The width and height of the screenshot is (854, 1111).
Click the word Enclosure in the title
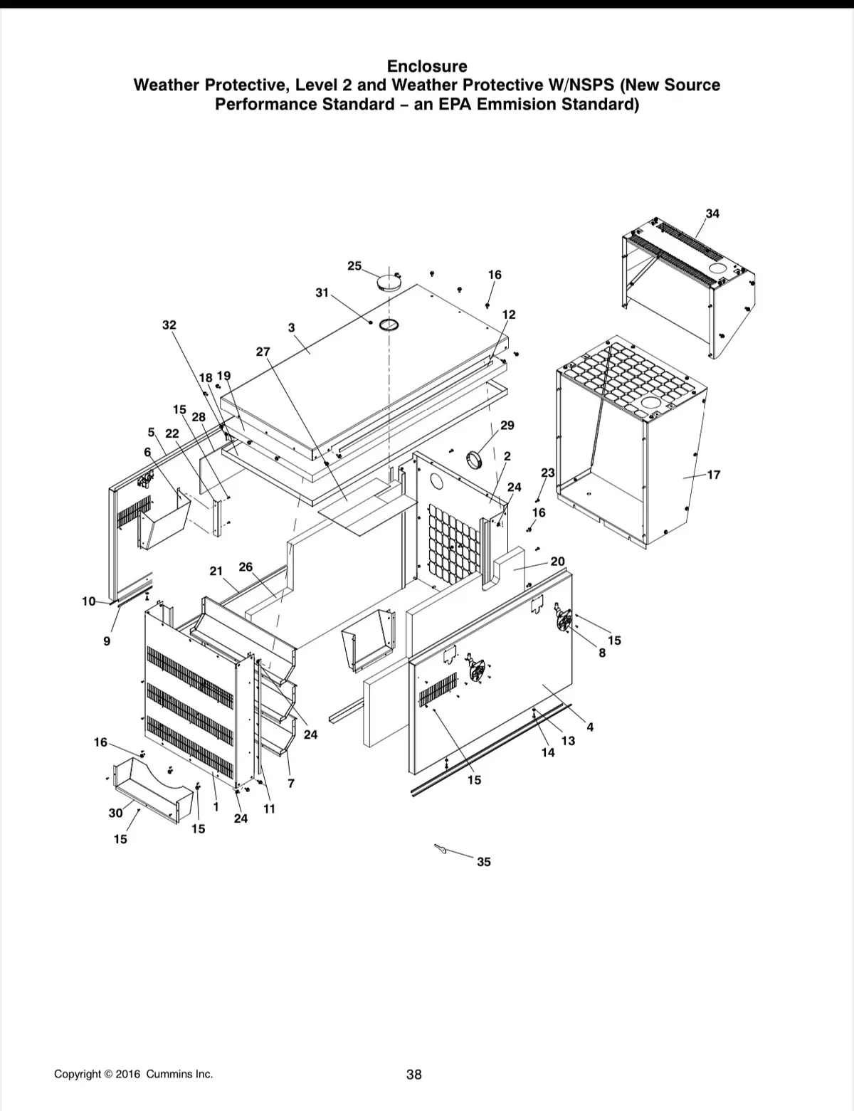tap(427, 66)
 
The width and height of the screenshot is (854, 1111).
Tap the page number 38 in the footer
tap(414, 1074)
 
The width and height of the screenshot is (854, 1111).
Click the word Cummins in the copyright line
tap(167, 1074)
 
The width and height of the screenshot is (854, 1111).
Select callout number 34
tap(712, 214)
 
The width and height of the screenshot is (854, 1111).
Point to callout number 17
tap(714, 475)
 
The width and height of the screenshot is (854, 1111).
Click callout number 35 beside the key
tap(483, 862)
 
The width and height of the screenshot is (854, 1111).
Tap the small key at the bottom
tap(441, 848)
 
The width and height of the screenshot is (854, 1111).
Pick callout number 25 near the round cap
tap(354, 266)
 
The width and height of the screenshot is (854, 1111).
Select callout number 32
tap(169, 325)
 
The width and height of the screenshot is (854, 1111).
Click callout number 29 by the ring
tap(507, 426)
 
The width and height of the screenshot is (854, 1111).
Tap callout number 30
tap(115, 813)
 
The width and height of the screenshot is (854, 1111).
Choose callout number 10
tap(89, 601)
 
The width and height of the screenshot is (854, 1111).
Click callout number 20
tap(557, 562)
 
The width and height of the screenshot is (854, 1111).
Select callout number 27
tap(263, 352)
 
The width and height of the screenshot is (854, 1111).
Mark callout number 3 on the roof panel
tap(291, 327)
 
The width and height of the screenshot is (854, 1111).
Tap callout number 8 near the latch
tap(602, 653)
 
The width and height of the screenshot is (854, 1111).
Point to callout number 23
tap(548, 473)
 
